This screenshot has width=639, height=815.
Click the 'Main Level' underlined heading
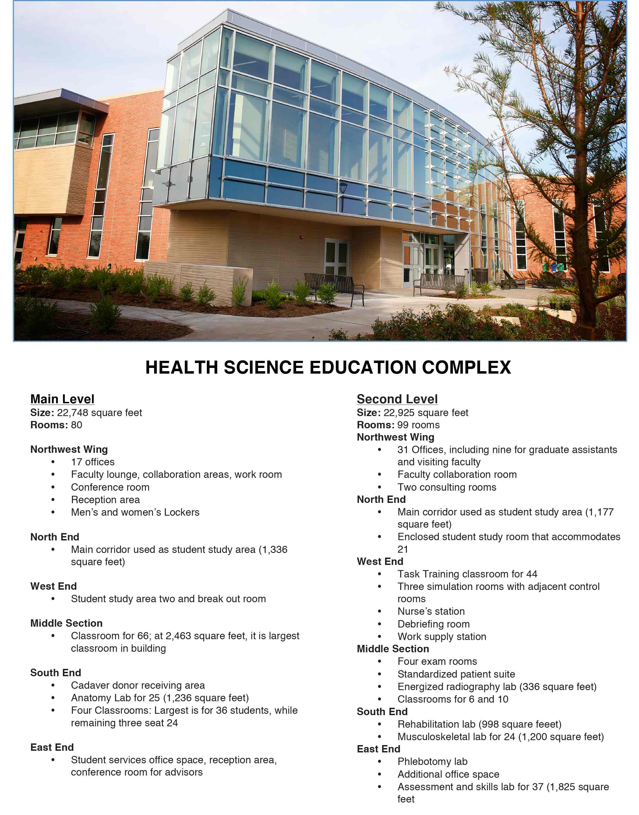[62, 399]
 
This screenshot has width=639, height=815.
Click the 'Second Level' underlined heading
[397, 399]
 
